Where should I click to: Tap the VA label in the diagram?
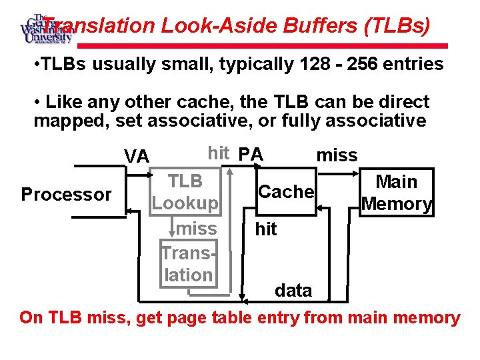pos(137,157)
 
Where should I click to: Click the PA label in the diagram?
pos(251,155)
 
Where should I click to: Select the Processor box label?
pos(66,195)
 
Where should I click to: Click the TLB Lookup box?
pos(185,192)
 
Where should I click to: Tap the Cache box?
pos(285,192)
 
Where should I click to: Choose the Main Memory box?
pos(397,193)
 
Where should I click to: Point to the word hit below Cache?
pos(266,229)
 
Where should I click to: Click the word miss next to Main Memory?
pos(337,155)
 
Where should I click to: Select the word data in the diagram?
pos(293,291)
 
